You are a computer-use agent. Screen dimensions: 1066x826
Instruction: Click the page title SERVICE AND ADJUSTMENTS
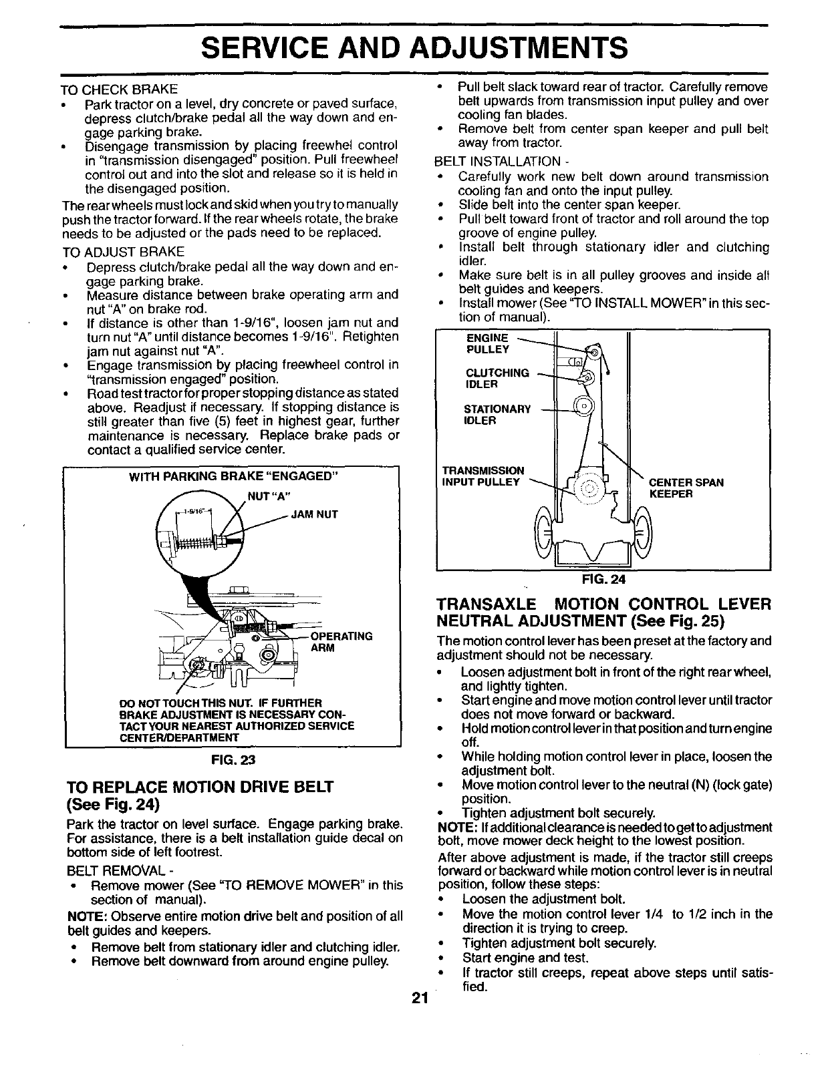tap(414, 48)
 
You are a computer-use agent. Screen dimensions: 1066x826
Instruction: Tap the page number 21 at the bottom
tap(419, 999)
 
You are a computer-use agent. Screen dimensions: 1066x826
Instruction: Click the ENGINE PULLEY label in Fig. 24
tap(487, 343)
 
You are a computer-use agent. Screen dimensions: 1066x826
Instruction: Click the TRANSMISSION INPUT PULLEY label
tap(483, 476)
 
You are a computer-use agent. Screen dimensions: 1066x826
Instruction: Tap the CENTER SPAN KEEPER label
tap(686, 488)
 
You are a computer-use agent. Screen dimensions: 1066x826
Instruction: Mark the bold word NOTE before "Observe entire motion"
tap(84, 916)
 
